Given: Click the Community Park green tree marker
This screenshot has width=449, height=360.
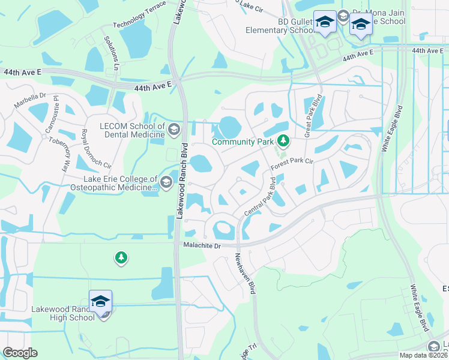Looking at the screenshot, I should (x=283, y=142).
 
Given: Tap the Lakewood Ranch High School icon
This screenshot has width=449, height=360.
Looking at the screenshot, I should (x=101, y=302).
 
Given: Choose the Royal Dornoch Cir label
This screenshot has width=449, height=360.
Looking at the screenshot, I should (x=96, y=149).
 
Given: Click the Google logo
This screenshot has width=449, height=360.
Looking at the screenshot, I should (x=20, y=353).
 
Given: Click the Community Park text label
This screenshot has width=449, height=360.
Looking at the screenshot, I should (x=243, y=142).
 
